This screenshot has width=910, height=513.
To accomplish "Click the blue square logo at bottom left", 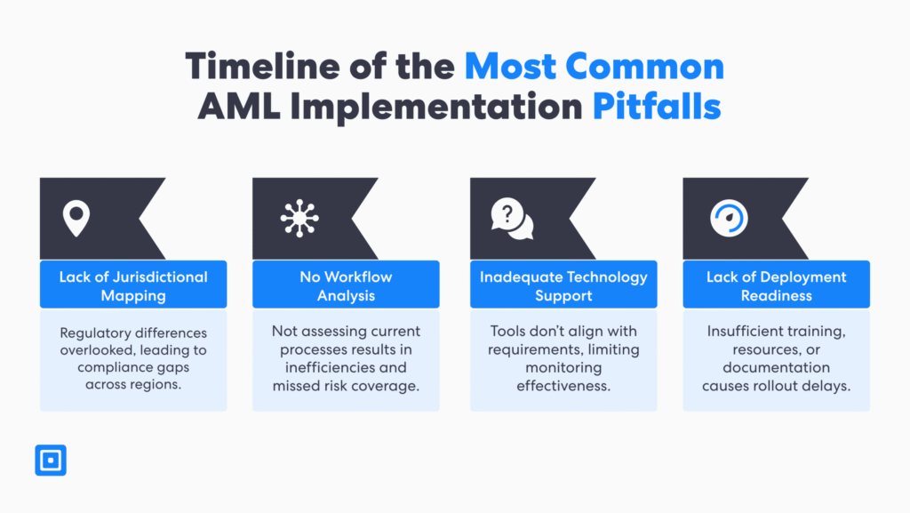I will [51, 460].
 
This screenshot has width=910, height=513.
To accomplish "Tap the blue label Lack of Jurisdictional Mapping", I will [133, 285].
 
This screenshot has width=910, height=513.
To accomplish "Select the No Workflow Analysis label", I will [346, 285].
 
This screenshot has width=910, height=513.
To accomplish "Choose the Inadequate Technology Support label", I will [563, 285].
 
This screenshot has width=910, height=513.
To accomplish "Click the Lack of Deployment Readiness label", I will [776, 285].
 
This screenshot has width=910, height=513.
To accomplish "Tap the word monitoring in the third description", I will [563, 366].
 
